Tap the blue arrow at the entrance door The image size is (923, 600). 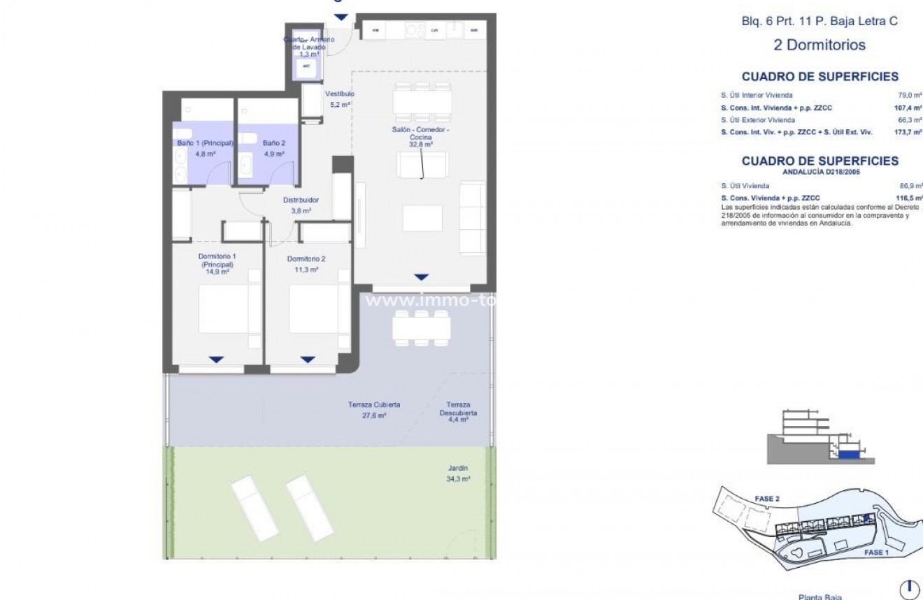tap(340, 17)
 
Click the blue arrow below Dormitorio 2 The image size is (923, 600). tap(308, 360)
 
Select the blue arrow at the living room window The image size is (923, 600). tap(420, 277)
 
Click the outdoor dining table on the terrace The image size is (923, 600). tap(421, 327)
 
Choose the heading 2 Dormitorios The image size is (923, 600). tap(820, 45)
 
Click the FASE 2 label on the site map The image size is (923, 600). tap(766, 499)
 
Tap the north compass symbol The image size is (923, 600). tap(909, 589)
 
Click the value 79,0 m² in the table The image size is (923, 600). tap(910, 95)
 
